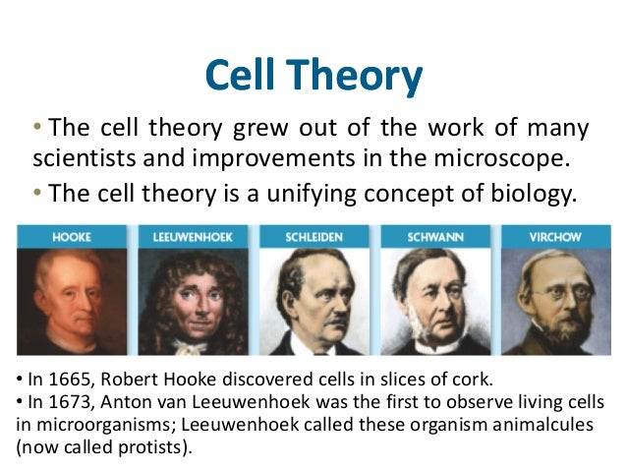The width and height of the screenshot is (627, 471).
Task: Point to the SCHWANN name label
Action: pos(435,236)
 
